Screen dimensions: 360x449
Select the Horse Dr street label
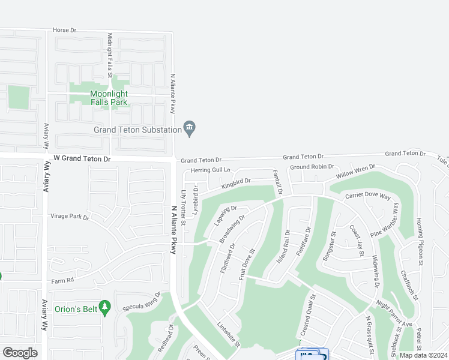tap(65, 29)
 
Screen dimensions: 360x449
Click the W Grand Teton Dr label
tap(82, 159)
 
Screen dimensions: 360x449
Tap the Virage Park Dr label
tap(69, 217)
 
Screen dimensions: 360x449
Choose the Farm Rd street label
tap(62, 280)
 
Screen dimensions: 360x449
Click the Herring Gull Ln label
tap(211, 170)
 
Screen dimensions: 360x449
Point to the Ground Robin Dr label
tap(312, 167)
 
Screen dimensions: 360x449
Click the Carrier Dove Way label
tap(368, 196)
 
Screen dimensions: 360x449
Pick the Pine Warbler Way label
tap(385, 220)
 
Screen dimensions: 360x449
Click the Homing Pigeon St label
tap(420, 241)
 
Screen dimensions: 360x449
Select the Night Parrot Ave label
tap(394, 315)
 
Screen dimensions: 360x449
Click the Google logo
tap(20, 352)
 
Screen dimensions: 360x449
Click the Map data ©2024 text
tap(423, 355)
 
